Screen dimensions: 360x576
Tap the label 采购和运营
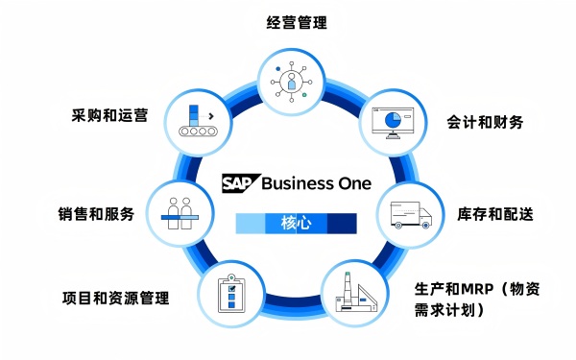click(x=109, y=116)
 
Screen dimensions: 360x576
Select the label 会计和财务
click(x=485, y=122)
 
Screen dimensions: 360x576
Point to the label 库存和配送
click(x=494, y=213)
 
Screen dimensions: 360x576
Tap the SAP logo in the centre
click(x=239, y=183)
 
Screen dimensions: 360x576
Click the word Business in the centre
click(x=296, y=183)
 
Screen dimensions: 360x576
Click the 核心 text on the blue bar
click(x=296, y=224)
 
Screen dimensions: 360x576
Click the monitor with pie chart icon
click(x=393, y=122)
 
